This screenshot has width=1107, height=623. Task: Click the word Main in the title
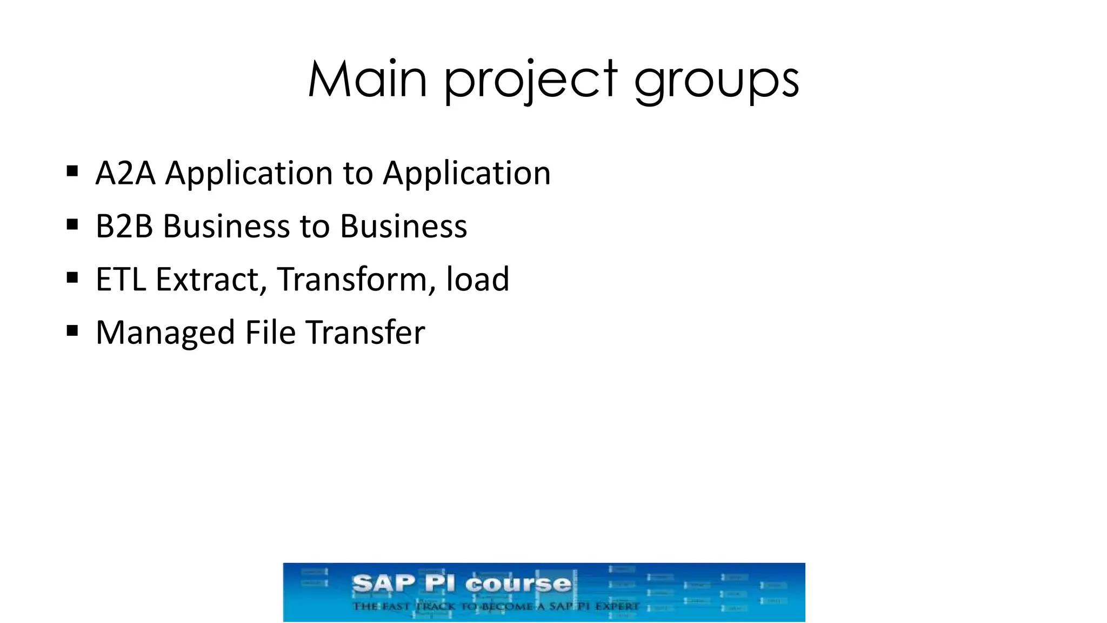coord(368,79)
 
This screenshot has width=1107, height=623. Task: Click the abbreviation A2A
coord(125,174)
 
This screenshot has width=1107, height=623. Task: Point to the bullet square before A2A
coord(72,171)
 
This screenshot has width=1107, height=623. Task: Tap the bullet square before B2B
coord(72,224)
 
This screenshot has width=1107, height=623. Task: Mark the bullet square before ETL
coord(72,277)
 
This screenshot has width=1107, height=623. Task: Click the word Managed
coord(165,333)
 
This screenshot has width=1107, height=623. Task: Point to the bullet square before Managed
coord(72,330)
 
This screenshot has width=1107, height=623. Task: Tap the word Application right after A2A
coord(249,174)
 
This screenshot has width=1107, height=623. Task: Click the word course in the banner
coord(518,584)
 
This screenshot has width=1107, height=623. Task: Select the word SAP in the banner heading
coord(383,584)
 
